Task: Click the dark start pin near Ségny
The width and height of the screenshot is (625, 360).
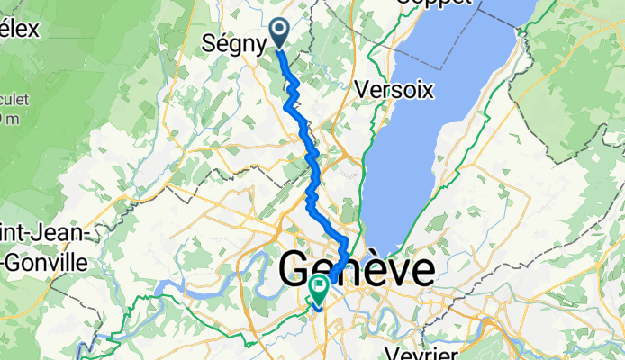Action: [278, 32]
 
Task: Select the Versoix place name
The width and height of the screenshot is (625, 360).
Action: [394, 90]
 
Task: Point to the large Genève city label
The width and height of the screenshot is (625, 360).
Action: [356, 269]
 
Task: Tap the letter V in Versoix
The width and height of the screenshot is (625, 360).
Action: [363, 90]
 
